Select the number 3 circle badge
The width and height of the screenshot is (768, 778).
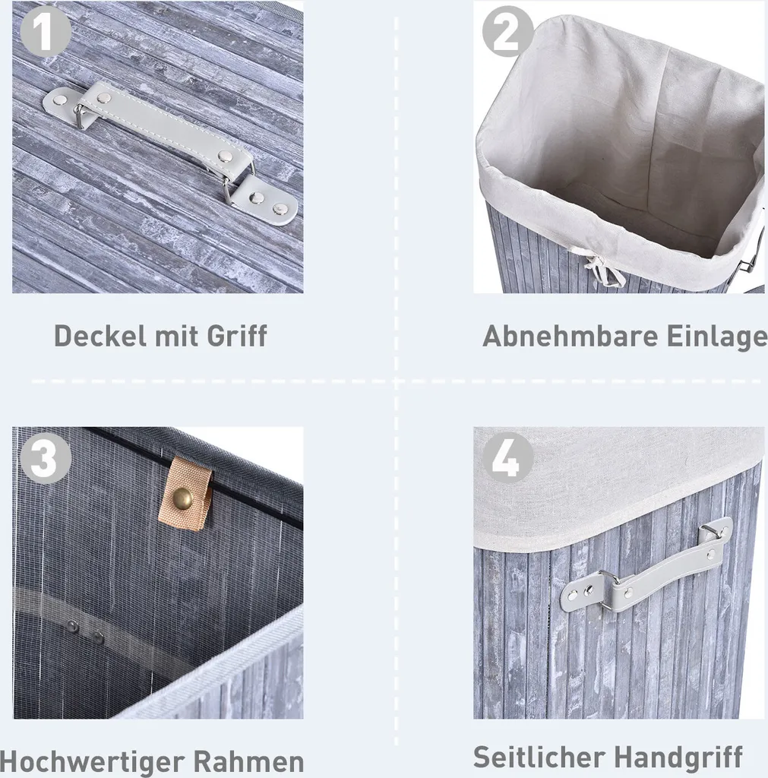[45, 457]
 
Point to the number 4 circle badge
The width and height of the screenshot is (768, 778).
[507, 457]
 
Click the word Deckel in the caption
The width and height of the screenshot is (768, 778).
[100, 336]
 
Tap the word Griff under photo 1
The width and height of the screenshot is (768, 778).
[237, 336]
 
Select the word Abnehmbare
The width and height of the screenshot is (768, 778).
[570, 336]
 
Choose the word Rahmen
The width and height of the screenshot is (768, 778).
[248, 761]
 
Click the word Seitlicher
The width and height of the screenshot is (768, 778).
[539, 757]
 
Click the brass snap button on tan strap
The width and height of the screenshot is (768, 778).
[182, 498]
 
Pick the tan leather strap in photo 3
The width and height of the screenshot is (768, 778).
[185, 494]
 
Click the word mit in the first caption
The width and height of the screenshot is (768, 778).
[177, 336]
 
